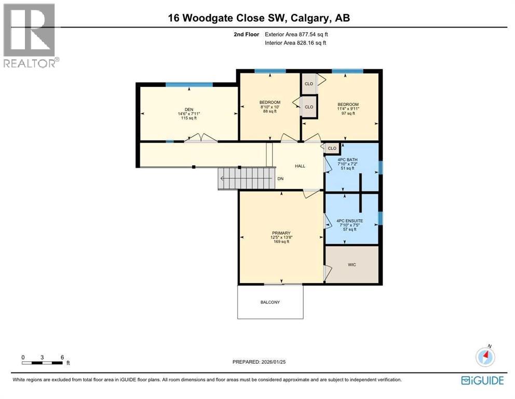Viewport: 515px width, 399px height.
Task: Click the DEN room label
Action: (188, 110)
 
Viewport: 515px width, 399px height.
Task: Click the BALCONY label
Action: (270, 302)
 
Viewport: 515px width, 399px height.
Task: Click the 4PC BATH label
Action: (348, 159)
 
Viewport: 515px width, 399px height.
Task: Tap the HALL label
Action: (300, 166)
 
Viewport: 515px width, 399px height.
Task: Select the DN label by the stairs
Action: (280, 179)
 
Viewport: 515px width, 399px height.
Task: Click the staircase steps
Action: (245, 179)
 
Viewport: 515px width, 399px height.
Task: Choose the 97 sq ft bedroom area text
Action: (348, 113)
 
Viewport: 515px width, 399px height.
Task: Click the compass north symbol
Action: (486, 356)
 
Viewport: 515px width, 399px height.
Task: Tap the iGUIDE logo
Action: (482, 380)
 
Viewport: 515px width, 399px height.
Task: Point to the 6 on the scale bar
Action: (62, 357)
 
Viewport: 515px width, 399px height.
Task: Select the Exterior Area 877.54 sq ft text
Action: (296, 34)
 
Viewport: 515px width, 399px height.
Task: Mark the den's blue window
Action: (189, 85)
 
